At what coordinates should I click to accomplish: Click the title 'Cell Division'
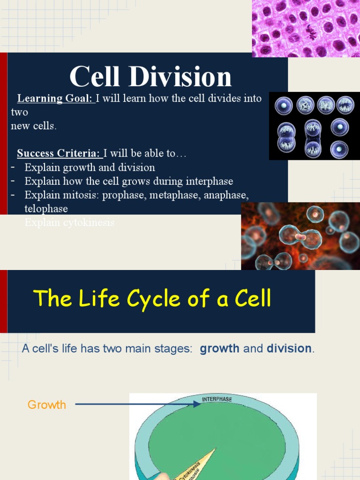point(150,77)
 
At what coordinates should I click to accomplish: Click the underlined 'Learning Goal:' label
point(55,98)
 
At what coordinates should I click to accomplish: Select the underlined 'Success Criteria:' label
point(59,153)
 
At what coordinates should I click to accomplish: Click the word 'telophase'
point(46,209)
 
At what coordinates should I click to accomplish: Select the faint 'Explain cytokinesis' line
point(69,223)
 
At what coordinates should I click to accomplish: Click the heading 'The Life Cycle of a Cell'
point(153,298)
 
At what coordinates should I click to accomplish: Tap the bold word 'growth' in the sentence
point(220,349)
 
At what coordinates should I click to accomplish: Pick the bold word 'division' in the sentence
point(289,349)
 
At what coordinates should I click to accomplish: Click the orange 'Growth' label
point(47,405)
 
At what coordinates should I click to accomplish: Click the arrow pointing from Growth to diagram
point(136,404)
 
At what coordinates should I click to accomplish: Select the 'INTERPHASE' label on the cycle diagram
point(217,399)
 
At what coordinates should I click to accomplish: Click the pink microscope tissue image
point(306,28)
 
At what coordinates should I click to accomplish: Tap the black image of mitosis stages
point(314,126)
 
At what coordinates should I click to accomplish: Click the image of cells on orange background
point(300,236)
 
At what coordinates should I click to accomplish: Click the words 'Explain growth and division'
point(90,168)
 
